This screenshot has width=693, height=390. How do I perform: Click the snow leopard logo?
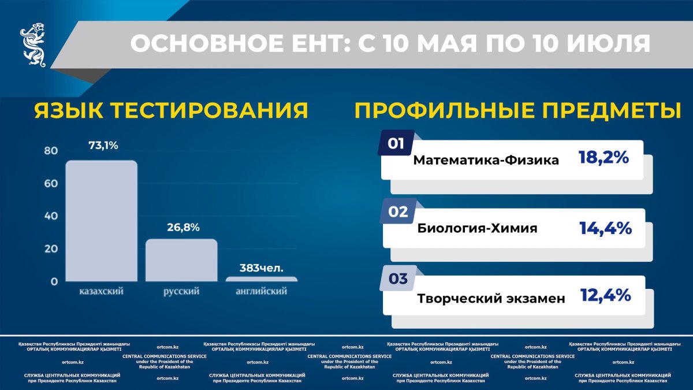coord(33,45)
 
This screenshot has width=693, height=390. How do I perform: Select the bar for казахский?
coord(102,221)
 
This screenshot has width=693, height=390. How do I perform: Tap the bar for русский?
coord(181,261)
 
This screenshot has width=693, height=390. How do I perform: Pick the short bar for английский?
coord(262,279)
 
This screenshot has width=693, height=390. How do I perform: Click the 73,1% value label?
coord(103,146)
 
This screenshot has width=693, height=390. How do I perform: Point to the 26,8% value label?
coord(183,228)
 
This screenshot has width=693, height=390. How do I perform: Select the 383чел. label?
coord(262,268)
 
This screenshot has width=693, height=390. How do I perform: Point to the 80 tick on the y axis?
coord(51,151)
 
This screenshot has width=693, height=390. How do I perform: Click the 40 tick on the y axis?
coord(51,216)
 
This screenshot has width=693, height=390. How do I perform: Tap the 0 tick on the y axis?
coord(54,281)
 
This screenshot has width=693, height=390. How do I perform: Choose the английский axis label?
coord(262,291)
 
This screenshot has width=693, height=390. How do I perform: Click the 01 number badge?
coord(396,144)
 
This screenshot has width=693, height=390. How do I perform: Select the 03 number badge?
coord(398,278)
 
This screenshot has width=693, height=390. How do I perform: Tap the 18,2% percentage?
coord(603,158)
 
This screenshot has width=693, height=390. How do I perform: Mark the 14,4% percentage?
coord(605,228)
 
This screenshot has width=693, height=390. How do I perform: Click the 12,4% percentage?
coord(605,295)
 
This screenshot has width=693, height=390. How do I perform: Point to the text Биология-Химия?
coord(477,228)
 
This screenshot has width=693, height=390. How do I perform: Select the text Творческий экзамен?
coord(491,299)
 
